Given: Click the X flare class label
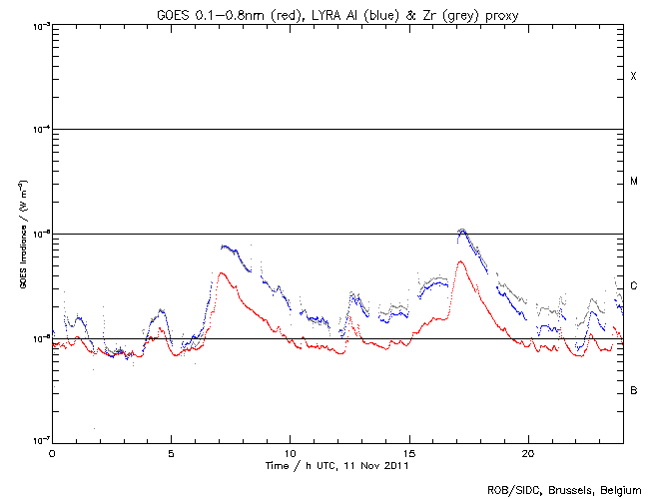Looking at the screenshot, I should [x=633, y=77].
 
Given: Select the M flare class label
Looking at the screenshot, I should [x=633, y=182].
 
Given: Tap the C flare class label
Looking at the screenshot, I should [x=633, y=286].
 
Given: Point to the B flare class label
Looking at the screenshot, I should [x=633, y=390].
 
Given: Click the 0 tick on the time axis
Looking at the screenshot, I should [x=52, y=452].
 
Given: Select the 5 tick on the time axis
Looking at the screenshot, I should [x=171, y=452].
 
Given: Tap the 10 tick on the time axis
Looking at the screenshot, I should [x=290, y=452].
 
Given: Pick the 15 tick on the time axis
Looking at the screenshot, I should [x=408, y=452].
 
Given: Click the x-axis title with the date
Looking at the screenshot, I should [x=337, y=465].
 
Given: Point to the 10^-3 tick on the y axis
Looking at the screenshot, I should [x=37, y=25].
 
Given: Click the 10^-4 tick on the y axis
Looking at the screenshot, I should [x=37, y=130].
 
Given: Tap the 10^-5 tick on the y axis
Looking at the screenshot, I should [x=37, y=235].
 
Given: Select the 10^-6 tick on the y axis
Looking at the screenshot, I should [x=37, y=338].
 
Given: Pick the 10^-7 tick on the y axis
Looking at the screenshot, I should [x=37, y=442].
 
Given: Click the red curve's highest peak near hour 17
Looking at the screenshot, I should [x=460, y=262].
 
